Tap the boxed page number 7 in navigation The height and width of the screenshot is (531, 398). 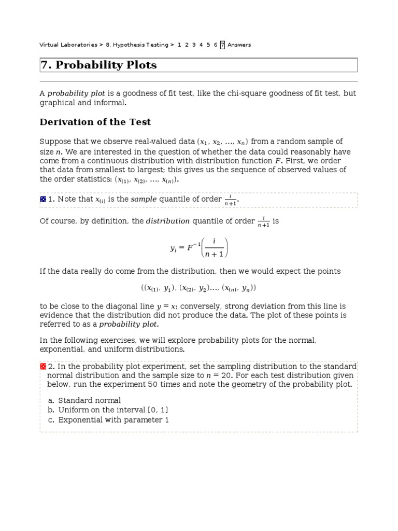[x=222, y=45]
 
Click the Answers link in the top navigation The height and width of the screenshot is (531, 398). [x=239, y=45]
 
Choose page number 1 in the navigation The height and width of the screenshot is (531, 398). [x=179, y=45]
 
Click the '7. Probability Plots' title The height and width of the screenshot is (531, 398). [x=98, y=65]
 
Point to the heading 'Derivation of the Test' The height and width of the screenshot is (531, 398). [x=95, y=122]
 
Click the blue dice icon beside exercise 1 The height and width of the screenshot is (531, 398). [x=43, y=200]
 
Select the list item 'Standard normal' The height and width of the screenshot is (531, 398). [x=89, y=400]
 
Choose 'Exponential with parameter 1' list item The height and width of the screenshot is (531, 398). [x=113, y=420]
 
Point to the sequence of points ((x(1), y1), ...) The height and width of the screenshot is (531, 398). [x=198, y=288]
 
